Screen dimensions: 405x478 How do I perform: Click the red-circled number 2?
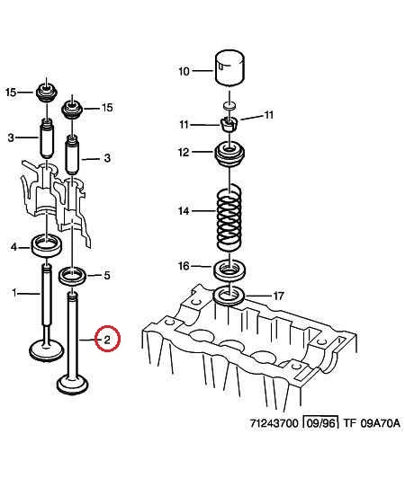[107, 339]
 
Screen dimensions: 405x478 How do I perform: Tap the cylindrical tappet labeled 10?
[229, 67]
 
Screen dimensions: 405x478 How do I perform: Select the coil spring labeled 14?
[229, 217]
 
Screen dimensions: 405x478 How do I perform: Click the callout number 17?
[278, 296]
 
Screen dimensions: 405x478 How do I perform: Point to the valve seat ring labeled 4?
[47, 245]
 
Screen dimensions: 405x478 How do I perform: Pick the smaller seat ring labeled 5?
[73, 276]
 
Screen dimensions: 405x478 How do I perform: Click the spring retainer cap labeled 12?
[229, 155]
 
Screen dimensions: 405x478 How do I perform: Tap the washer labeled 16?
[229, 270]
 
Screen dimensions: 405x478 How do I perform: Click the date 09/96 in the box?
[320, 423]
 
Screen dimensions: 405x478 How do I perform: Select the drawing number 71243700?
[274, 423]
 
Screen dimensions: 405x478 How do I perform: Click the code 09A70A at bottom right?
[380, 423]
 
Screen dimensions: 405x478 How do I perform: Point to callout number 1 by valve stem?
[14, 293]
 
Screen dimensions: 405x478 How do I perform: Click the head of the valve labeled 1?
[47, 351]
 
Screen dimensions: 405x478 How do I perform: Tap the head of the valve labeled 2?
[73, 385]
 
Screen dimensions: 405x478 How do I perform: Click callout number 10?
[184, 71]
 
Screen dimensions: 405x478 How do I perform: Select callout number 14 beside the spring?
[184, 210]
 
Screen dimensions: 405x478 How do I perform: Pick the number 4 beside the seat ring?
[13, 247]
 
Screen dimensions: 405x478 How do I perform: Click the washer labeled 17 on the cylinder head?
[229, 296]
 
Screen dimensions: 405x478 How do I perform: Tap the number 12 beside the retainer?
[184, 152]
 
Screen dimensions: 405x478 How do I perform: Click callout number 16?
[184, 266]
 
